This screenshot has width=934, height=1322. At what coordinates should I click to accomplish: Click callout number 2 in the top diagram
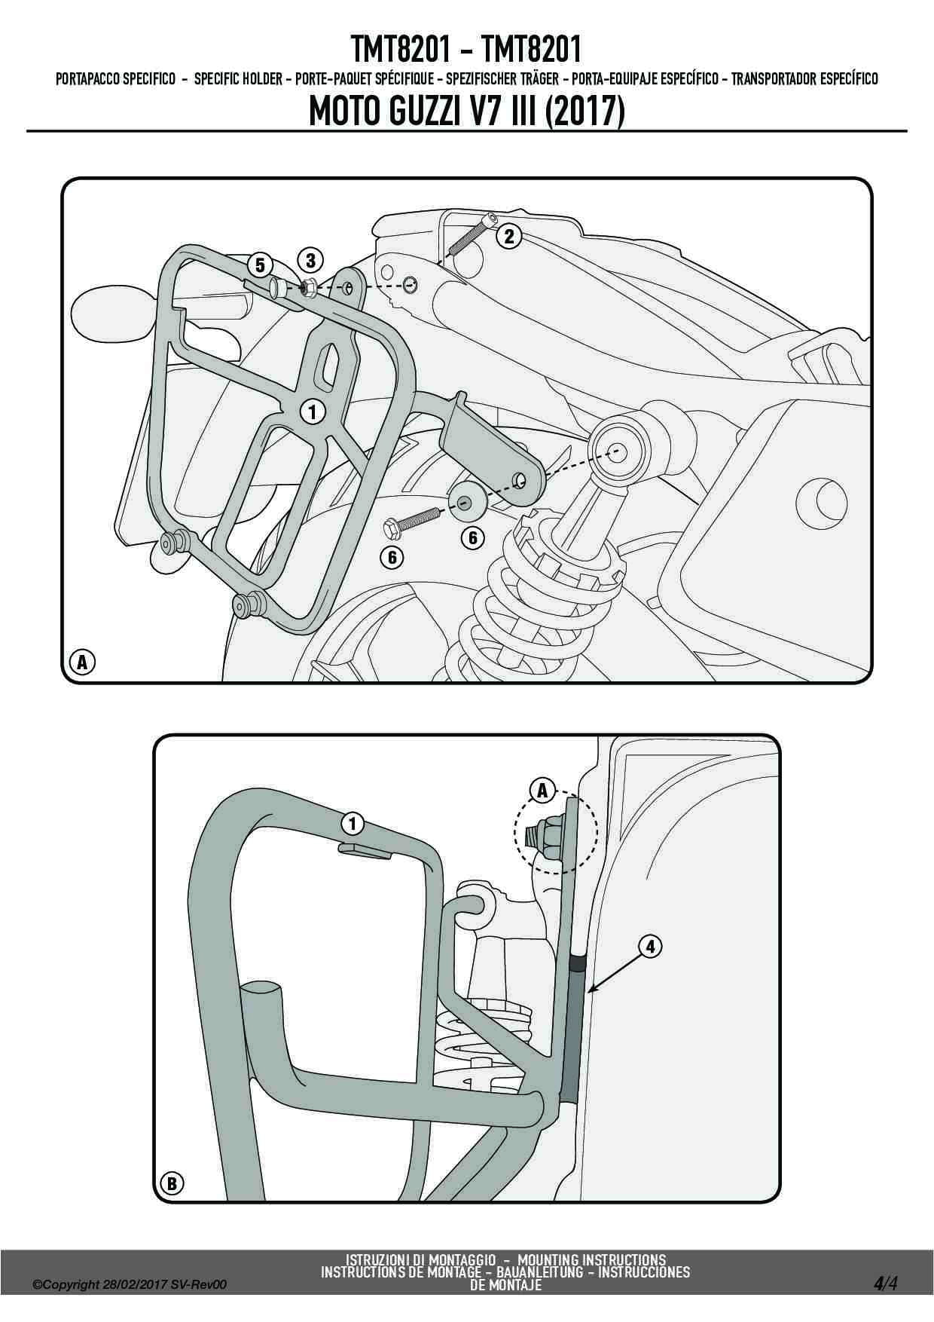pyautogui.click(x=508, y=237)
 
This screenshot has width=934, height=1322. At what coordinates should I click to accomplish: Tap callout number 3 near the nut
pyautogui.click(x=310, y=261)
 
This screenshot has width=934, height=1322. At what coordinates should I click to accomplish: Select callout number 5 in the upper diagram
pyautogui.click(x=260, y=265)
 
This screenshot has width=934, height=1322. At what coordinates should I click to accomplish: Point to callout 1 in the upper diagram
pyautogui.click(x=311, y=411)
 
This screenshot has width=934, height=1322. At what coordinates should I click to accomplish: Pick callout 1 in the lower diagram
pyautogui.click(x=353, y=822)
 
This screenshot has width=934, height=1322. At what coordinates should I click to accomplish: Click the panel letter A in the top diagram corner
pyautogui.click(x=82, y=663)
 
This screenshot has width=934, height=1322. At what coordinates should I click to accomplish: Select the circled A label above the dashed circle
pyautogui.click(x=541, y=791)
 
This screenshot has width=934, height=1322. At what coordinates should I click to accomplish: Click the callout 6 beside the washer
pyautogui.click(x=473, y=537)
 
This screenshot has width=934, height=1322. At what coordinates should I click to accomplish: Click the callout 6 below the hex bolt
pyautogui.click(x=392, y=558)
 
